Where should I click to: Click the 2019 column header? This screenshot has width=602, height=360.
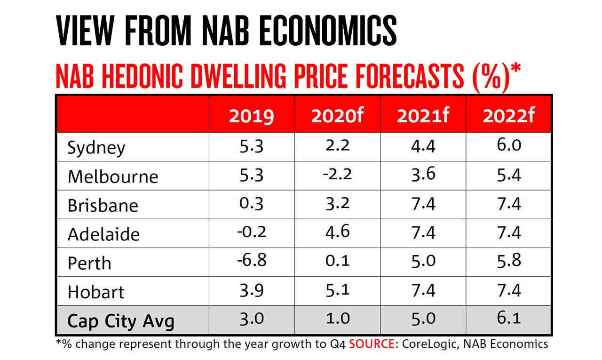point(251,116)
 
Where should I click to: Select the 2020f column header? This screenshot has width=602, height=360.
point(337,116)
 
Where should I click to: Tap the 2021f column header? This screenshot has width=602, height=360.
point(423,116)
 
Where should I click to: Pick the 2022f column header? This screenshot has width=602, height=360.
point(509,116)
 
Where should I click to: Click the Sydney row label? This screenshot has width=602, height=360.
point(96,148)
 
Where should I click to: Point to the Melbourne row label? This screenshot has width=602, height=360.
point(113,176)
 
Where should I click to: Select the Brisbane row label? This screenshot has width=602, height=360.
point(103,206)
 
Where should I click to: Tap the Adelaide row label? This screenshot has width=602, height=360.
point(103,234)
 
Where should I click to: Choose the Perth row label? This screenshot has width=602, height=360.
point(89,263)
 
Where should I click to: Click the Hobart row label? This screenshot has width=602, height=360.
point(96,292)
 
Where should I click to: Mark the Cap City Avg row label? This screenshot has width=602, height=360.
point(121,321)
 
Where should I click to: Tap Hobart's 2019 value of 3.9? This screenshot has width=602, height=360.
point(251,290)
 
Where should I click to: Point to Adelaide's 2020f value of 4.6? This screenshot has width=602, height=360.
point(337,232)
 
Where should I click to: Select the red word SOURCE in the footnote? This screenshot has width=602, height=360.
point(372,344)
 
